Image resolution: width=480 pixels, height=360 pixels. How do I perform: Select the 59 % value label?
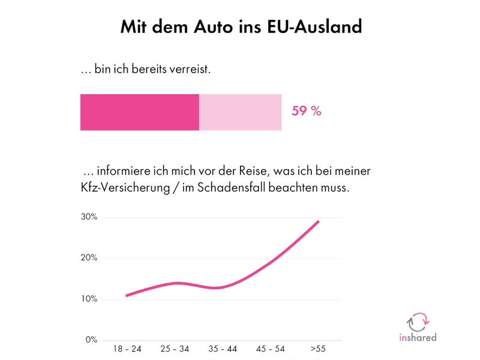306,112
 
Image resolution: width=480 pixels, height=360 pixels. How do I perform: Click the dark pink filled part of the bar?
139,112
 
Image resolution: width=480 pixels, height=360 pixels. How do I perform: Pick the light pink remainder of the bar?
240,112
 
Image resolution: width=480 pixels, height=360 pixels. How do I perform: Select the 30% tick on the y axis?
89,217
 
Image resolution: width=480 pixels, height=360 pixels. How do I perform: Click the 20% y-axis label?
89,258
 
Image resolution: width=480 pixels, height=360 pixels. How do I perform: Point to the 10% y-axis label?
89,299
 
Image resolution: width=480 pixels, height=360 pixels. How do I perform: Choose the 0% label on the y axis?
91,340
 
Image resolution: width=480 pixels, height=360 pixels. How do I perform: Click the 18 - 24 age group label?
127,349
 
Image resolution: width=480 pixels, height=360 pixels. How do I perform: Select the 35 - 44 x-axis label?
222,349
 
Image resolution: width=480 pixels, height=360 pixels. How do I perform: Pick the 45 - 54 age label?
270,349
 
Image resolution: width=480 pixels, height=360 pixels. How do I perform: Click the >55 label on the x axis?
318,349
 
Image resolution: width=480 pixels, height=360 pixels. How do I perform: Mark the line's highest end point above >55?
318,221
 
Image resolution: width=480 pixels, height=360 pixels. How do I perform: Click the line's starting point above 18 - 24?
127,295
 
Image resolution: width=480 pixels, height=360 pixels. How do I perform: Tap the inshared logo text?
418,337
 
